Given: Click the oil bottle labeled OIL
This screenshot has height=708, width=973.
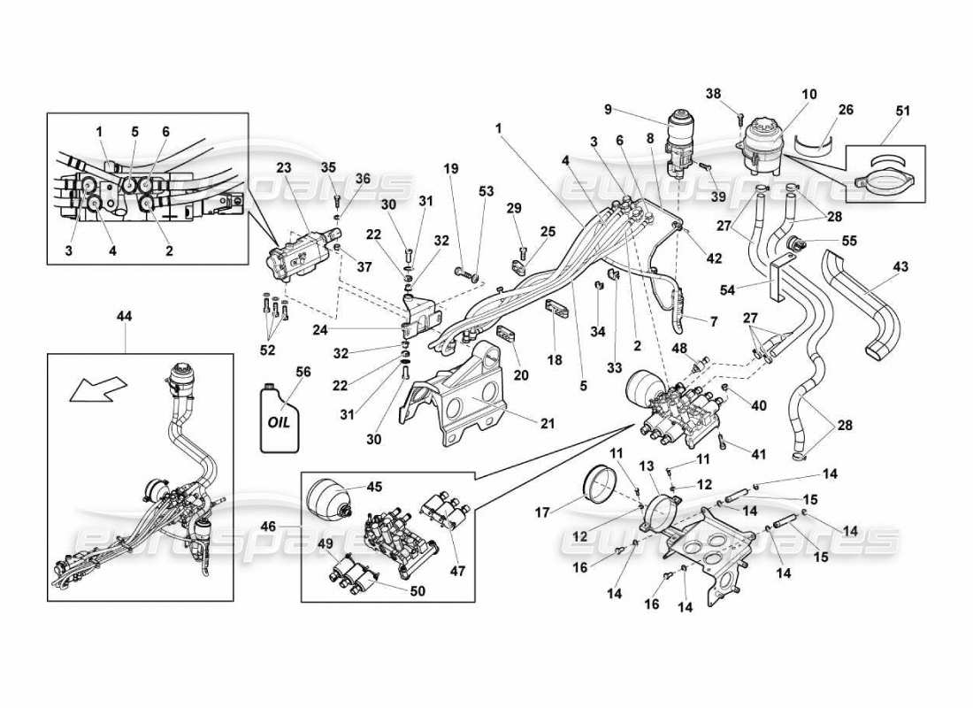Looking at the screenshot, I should [276, 417].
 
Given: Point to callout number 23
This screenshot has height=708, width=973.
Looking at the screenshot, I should [283, 166].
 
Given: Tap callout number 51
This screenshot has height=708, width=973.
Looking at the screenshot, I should [901, 111].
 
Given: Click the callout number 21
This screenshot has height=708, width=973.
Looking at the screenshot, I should [547, 424].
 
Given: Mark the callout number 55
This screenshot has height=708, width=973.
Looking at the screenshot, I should [850, 240].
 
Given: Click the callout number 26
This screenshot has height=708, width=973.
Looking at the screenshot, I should [846, 110].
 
